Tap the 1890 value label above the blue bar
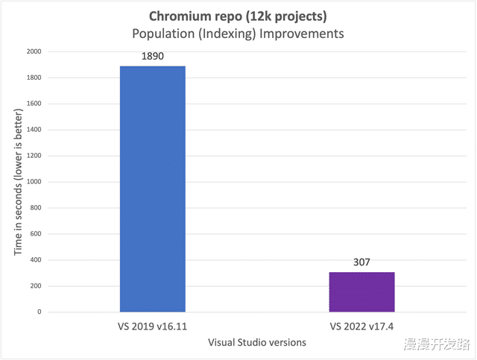point(153,57)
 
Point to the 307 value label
point(361,262)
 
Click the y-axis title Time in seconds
point(19,181)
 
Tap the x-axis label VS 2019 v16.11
point(152,326)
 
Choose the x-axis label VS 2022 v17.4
point(361,326)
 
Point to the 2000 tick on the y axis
point(33,52)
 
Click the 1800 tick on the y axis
point(33,78)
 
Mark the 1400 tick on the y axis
point(33,130)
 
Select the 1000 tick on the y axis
point(33,182)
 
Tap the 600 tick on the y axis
point(35,234)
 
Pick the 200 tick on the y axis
point(35,286)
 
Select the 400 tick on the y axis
point(35,260)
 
